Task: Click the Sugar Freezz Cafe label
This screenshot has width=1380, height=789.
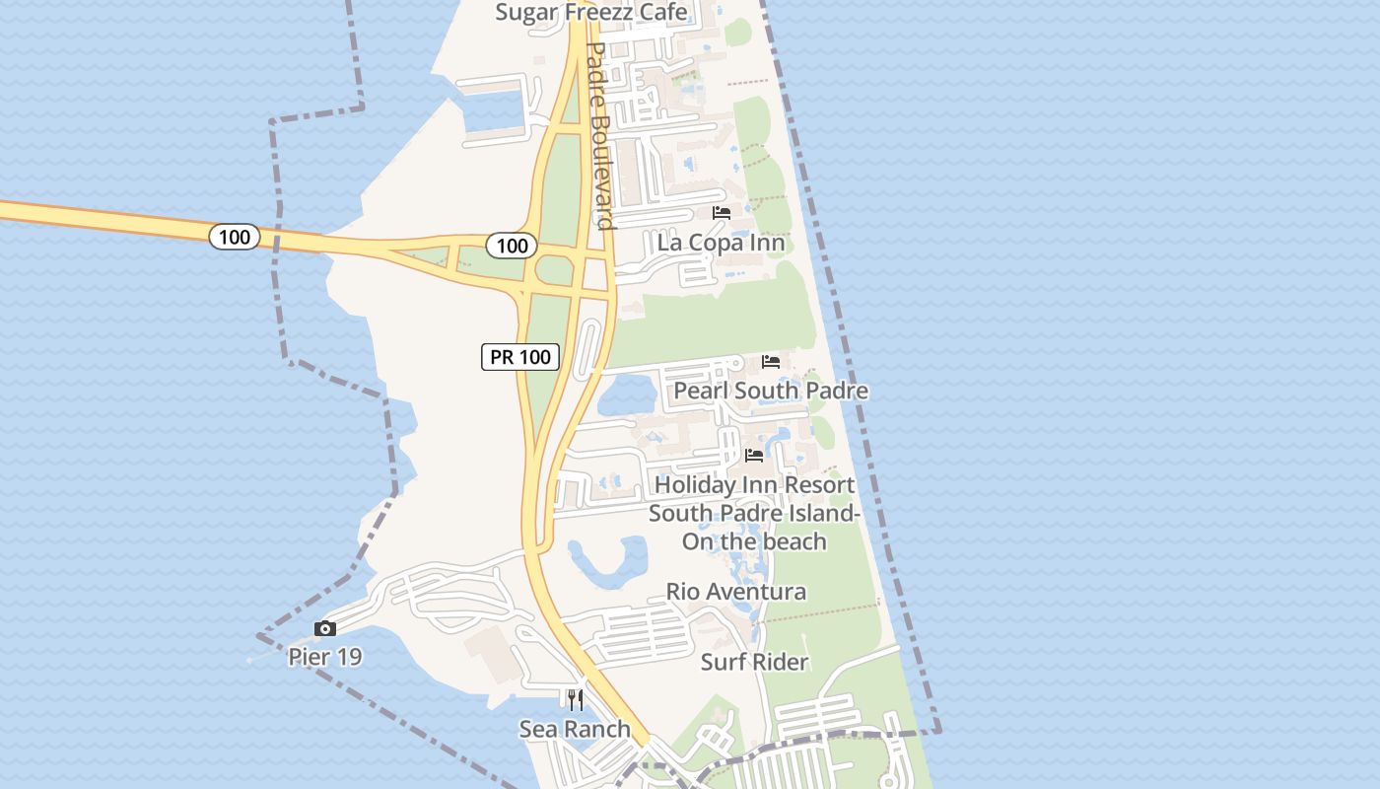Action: tap(590, 12)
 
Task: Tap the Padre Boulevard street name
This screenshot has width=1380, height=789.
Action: tap(600, 133)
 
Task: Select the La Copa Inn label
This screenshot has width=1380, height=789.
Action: tap(721, 243)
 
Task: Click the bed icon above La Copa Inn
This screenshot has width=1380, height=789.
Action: tap(722, 213)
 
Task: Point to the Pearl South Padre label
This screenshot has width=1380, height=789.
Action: tap(771, 391)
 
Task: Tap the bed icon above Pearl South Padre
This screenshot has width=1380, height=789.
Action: tap(771, 362)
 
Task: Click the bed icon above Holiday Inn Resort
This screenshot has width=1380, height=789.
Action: tap(754, 456)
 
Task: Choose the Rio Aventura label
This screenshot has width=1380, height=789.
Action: tap(736, 592)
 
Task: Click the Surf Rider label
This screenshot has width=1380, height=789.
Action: tap(754, 662)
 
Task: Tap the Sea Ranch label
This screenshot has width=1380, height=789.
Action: tap(575, 729)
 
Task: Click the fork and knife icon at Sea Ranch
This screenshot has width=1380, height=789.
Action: tap(576, 700)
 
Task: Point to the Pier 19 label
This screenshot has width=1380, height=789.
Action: tap(325, 657)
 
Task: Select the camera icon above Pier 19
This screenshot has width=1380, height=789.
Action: tap(325, 629)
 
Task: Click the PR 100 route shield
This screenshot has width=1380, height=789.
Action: tap(520, 357)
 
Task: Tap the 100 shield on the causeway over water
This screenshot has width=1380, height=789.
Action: tap(235, 237)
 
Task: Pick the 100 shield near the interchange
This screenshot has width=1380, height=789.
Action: tap(512, 246)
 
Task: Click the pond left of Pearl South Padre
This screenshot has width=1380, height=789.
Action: tap(627, 395)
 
